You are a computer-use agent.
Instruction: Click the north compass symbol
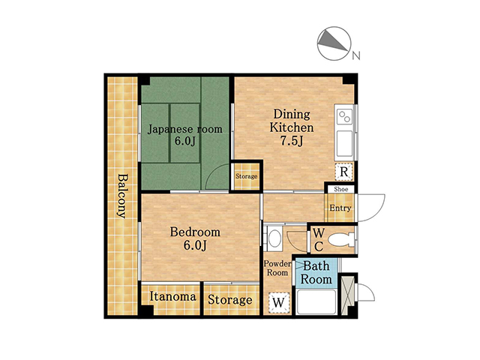(334, 43)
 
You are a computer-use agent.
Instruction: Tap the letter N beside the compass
(356, 55)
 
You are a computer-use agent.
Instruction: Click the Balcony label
(122, 196)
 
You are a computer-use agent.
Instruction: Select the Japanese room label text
(185, 129)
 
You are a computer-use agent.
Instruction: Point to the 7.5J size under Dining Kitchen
(292, 141)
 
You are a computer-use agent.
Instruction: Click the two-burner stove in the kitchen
(345, 117)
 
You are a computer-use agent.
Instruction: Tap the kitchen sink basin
(345, 143)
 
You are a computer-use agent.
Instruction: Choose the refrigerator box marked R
(343, 172)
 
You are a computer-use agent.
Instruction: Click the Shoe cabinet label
(341, 189)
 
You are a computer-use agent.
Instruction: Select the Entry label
(340, 208)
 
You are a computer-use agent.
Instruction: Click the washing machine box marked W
(279, 302)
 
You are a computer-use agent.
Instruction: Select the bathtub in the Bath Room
(316, 301)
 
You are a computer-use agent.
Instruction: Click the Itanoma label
(173, 296)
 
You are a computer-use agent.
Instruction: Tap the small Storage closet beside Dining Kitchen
(247, 176)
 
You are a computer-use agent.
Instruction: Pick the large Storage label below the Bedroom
(230, 300)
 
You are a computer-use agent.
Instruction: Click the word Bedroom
(195, 232)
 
